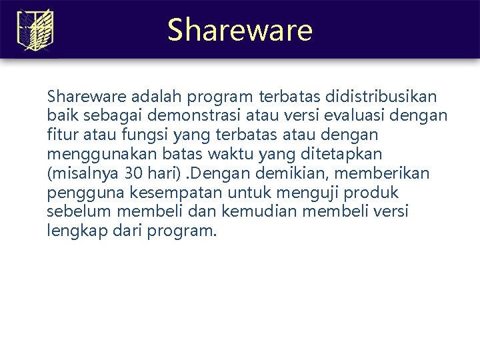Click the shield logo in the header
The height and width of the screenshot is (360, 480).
[34, 30]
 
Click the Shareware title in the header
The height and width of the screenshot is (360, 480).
[239, 30]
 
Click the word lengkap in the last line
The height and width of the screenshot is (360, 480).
[72, 231]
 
